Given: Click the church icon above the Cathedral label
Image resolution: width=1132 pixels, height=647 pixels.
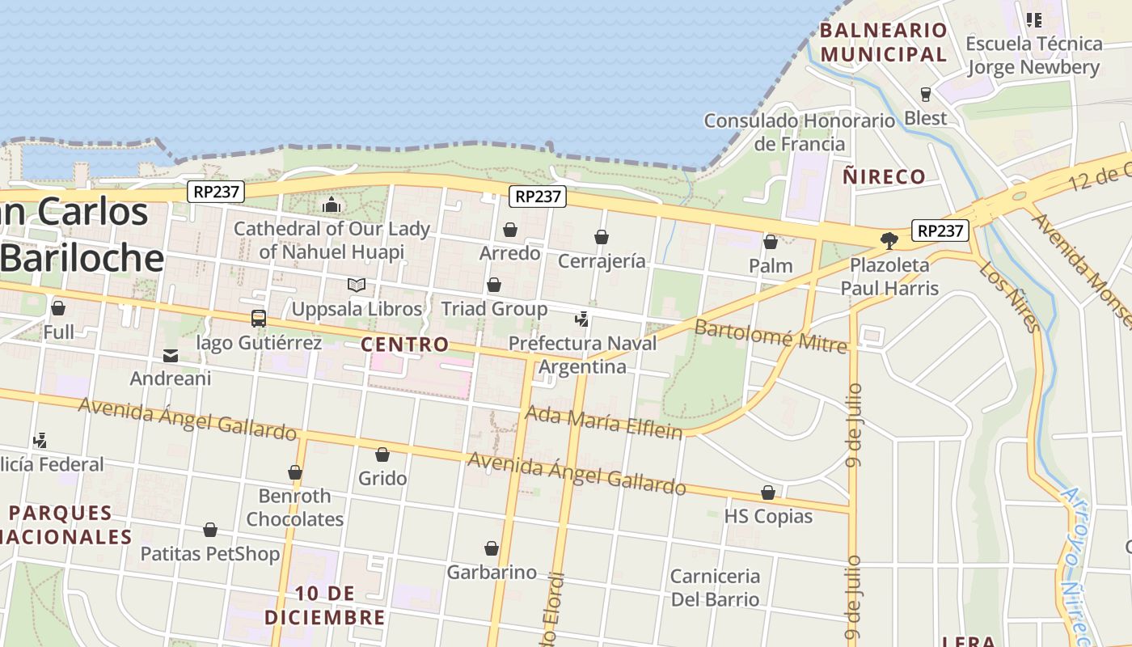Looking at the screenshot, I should click(332, 205).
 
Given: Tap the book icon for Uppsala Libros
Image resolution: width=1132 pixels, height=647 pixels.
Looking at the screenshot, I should click(357, 285).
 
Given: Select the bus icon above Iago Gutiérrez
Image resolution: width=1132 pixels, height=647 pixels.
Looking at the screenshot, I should click(259, 319).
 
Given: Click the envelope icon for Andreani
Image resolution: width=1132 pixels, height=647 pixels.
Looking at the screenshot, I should click(171, 355).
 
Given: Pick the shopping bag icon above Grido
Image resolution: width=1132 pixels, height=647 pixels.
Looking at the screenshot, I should click(382, 455).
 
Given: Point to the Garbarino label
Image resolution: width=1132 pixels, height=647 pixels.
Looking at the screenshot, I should click(492, 573).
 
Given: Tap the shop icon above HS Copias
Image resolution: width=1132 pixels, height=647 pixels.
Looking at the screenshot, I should click(768, 493).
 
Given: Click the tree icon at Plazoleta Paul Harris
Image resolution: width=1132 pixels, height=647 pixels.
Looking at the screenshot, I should click(889, 240).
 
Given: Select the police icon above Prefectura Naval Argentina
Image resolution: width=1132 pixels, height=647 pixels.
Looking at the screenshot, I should click(581, 319).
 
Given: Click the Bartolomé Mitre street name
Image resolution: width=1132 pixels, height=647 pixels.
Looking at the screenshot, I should click(770, 336).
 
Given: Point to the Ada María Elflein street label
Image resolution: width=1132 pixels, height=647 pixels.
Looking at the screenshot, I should click(603, 422).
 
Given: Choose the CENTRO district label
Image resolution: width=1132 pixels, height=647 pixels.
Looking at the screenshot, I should click(404, 345).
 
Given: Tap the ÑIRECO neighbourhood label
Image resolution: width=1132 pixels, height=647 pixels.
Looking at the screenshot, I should click(884, 176).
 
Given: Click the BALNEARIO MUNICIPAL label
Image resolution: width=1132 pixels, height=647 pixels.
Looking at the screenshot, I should click(883, 43).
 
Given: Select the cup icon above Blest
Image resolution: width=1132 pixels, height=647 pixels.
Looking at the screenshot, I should click(926, 94).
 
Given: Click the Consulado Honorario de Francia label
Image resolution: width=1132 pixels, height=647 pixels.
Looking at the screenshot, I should click(799, 133).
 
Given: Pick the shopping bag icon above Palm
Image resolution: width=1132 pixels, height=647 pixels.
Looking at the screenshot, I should click(771, 242).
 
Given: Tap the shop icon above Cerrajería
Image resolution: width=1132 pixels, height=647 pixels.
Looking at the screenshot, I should click(602, 237).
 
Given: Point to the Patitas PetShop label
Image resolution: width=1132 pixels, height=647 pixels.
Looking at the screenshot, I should click(210, 554).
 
